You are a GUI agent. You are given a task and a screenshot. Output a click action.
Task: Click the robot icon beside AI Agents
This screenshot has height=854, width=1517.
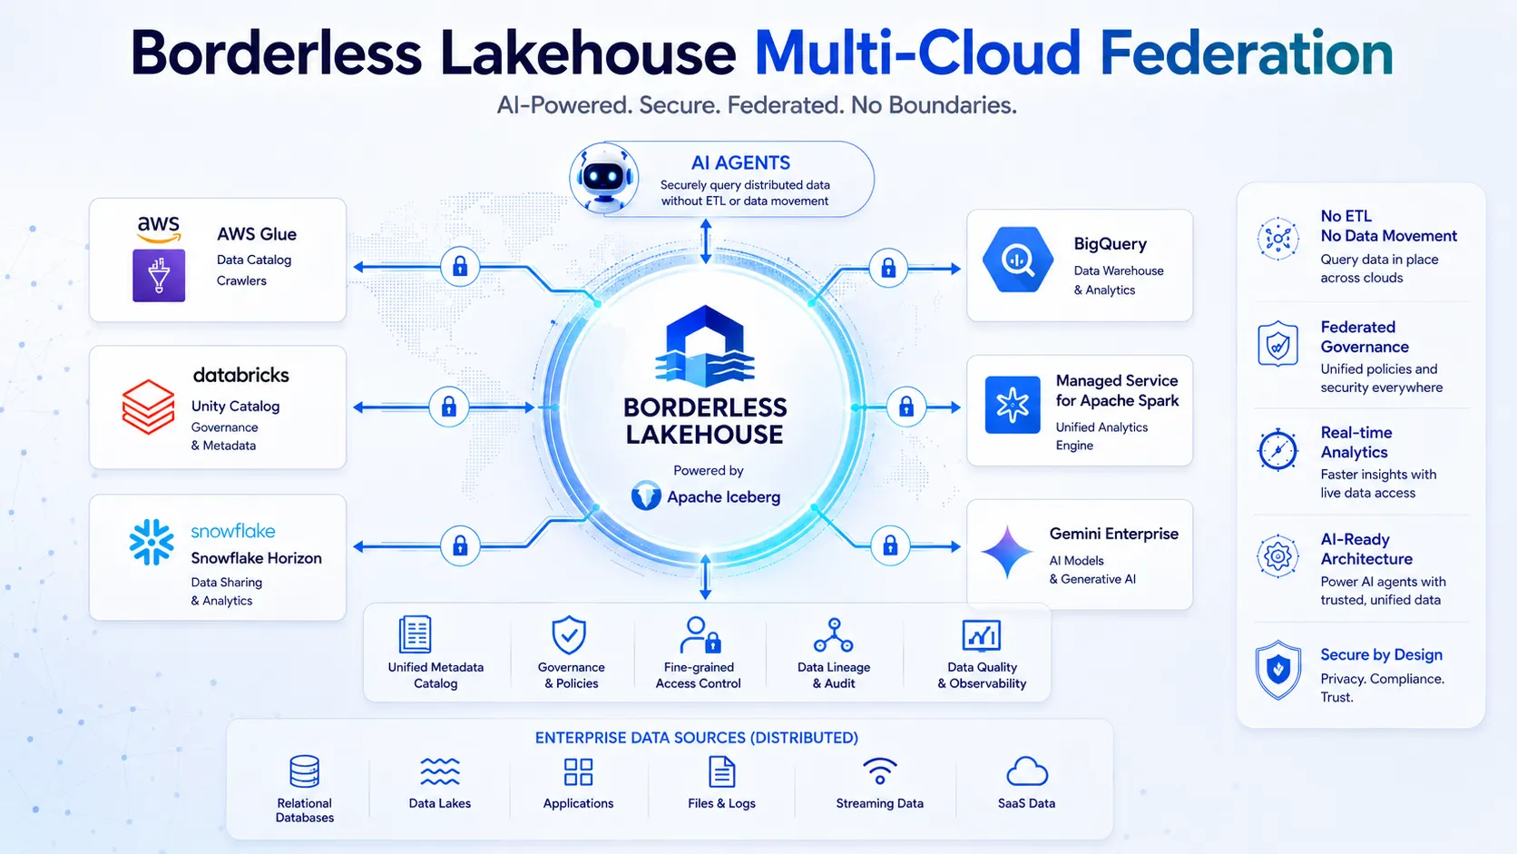603,178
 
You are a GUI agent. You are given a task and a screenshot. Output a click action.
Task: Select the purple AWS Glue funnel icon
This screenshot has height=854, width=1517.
159,276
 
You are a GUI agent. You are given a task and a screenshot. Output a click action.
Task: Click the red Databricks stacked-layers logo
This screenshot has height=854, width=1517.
148,407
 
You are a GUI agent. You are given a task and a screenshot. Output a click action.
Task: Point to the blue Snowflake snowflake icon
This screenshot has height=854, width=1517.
152,542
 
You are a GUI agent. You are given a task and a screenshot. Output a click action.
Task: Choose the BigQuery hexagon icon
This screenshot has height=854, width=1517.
1018,260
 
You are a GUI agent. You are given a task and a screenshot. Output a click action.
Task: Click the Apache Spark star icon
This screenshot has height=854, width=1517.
1013,405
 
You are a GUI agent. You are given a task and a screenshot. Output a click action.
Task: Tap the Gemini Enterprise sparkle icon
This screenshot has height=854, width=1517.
1007,551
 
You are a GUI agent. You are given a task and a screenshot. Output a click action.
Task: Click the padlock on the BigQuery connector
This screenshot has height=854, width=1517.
888,269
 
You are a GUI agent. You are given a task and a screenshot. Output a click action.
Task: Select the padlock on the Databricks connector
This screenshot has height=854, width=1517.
449,407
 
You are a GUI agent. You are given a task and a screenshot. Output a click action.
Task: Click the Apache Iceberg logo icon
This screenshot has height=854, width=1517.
646,496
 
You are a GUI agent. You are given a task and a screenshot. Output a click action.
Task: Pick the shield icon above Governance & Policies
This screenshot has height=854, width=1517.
569,634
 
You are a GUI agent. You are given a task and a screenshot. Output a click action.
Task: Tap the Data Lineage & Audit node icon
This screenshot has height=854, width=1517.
834,634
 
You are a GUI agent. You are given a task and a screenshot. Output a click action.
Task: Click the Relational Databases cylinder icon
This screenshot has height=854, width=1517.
304,771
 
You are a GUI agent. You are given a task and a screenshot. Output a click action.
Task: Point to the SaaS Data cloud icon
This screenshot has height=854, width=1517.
1027,771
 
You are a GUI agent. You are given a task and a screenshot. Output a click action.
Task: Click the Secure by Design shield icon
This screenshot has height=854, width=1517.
1278,670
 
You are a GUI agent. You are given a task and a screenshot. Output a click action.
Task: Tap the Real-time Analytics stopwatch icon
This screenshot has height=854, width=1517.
1278,449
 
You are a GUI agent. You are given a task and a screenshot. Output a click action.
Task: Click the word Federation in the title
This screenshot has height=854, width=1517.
1246,53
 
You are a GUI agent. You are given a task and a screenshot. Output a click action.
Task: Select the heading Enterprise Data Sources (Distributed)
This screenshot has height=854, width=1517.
697,738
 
